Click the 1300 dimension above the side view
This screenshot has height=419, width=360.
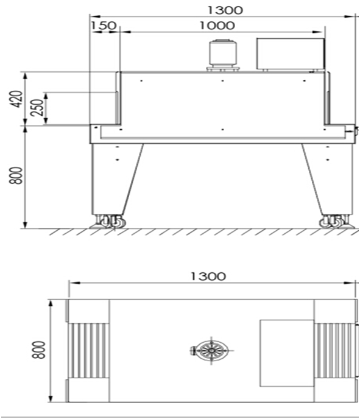[225, 10]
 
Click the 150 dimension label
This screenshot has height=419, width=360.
[104, 26]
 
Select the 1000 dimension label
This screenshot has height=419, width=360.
[217, 26]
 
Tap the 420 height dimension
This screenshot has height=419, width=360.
[16, 99]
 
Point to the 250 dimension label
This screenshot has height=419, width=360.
[37, 107]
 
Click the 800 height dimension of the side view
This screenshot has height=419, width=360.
[16, 175]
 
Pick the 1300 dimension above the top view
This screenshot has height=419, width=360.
[208, 276]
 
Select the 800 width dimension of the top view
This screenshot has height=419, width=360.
[39, 350]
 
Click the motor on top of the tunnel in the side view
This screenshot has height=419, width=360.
[222, 55]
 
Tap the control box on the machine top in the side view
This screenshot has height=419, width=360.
[291, 54]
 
